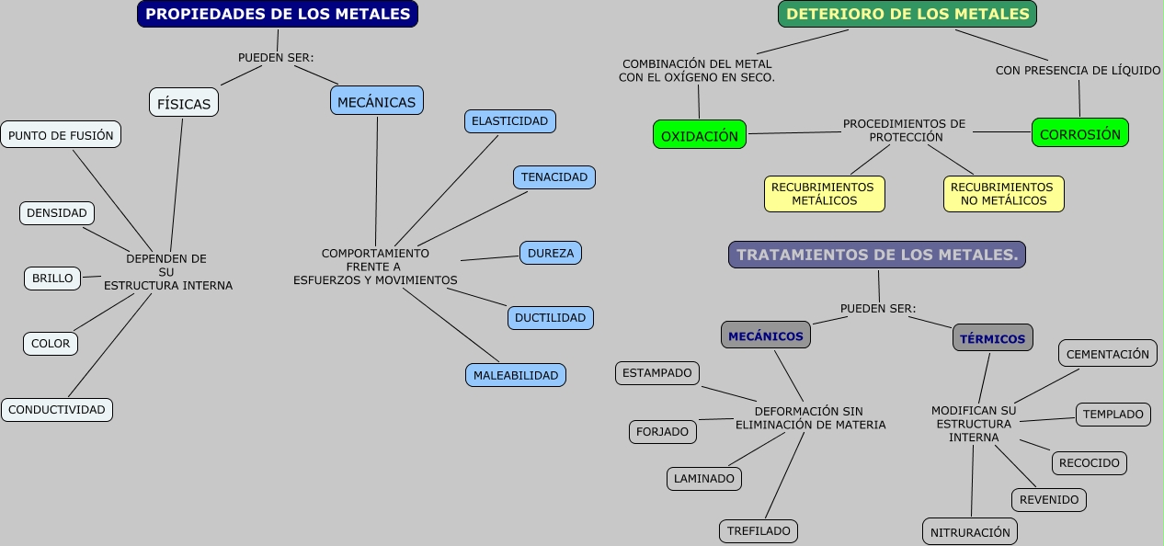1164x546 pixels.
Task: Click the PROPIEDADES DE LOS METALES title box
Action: (278, 14)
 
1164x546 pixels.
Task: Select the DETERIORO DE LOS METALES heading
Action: (907, 14)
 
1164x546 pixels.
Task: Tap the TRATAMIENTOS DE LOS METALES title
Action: (877, 255)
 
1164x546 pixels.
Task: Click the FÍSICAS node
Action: (184, 103)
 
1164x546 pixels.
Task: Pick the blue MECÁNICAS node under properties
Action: (376, 101)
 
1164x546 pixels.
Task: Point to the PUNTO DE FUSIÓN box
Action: (61, 135)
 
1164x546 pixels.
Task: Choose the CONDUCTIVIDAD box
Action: (57, 409)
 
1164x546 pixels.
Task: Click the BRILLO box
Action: (52, 278)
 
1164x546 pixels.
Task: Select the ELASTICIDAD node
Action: (509, 120)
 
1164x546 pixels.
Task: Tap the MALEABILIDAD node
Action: (515, 375)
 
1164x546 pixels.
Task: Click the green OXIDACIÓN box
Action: (700, 135)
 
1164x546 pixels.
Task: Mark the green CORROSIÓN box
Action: (1079, 133)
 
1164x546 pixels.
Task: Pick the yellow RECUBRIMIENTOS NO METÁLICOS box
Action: (1003, 194)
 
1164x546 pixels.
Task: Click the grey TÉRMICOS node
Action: (992, 338)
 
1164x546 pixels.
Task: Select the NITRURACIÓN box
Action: (970, 531)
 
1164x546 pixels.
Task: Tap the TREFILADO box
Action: (759, 530)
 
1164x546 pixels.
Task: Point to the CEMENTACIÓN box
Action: (1108, 353)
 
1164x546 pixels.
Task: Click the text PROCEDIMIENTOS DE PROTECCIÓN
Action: (905, 131)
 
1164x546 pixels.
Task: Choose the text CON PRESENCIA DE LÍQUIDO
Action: (1078, 70)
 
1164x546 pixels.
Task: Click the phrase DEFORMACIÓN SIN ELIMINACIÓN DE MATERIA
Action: (810, 418)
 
